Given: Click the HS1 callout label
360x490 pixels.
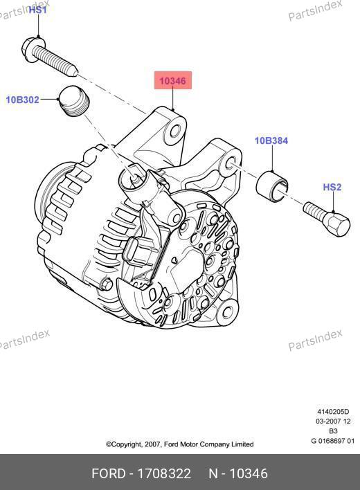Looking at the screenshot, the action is pyautogui.click(x=38, y=10).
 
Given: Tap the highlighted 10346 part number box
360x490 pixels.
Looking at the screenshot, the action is pyautogui.click(x=173, y=80).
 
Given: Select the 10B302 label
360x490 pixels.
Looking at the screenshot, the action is pyautogui.click(x=22, y=100).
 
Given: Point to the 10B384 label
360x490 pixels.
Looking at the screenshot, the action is pyautogui.click(x=271, y=140).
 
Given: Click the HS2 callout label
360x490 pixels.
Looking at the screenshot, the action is pyautogui.click(x=332, y=187).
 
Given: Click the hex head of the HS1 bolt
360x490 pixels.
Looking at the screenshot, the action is pyautogui.click(x=32, y=49).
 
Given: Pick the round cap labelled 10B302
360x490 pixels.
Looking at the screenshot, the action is pyautogui.click(x=74, y=100).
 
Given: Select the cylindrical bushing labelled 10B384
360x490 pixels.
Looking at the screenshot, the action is pyautogui.click(x=272, y=186).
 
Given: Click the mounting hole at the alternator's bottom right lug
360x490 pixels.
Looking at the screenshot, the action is pyautogui.click(x=228, y=311).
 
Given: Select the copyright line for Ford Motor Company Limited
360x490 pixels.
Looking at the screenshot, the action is pyautogui.click(x=180, y=444).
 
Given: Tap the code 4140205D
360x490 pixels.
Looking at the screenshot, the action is pyautogui.click(x=333, y=412).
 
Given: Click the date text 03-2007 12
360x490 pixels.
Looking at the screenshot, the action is pyautogui.click(x=333, y=421).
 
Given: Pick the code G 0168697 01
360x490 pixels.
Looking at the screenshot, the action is pyautogui.click(x=333, y=441).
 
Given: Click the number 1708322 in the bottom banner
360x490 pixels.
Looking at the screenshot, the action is pyautogui.click(x=164, y=473).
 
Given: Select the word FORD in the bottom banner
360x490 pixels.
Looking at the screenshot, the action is pyautogui.click(x=109, y=473).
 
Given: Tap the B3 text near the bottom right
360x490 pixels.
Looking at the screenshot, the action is pyautogui.click(x=333, y=431).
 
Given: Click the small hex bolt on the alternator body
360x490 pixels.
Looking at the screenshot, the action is pyautogui.click(x=107, y=284).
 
